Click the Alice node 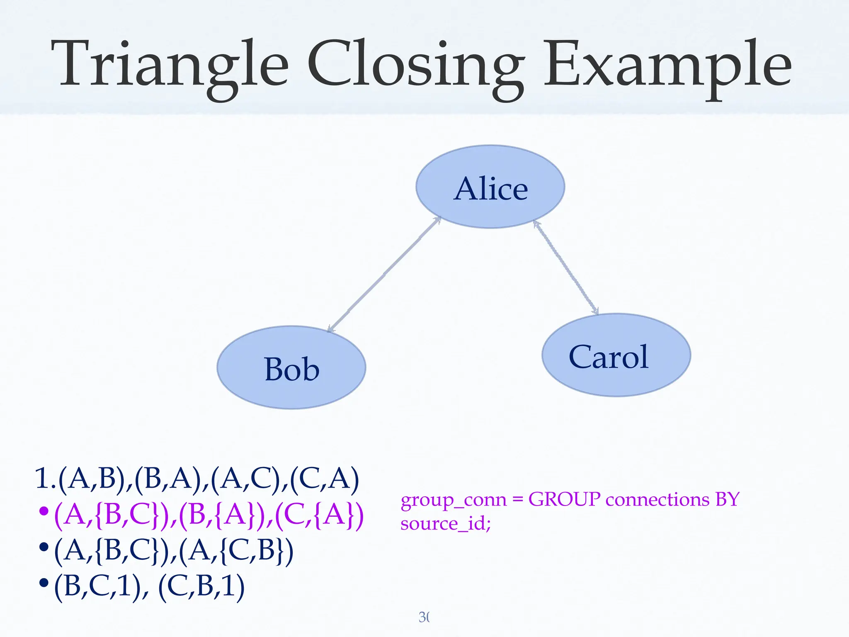pos(490,187)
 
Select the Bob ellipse pos(291,368)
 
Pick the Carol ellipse pos(616,355)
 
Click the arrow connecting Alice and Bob pos(384,275)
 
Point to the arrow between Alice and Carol pos(566,267)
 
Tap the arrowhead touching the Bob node pos(331,329)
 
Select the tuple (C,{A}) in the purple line pos(319,515)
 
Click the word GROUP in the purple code pos(564,499)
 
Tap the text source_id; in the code pos(446,523)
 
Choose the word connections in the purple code pos(657,499)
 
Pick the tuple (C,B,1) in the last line pos(201,586)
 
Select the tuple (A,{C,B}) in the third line pos(236,551)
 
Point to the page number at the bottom pos(424,617)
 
